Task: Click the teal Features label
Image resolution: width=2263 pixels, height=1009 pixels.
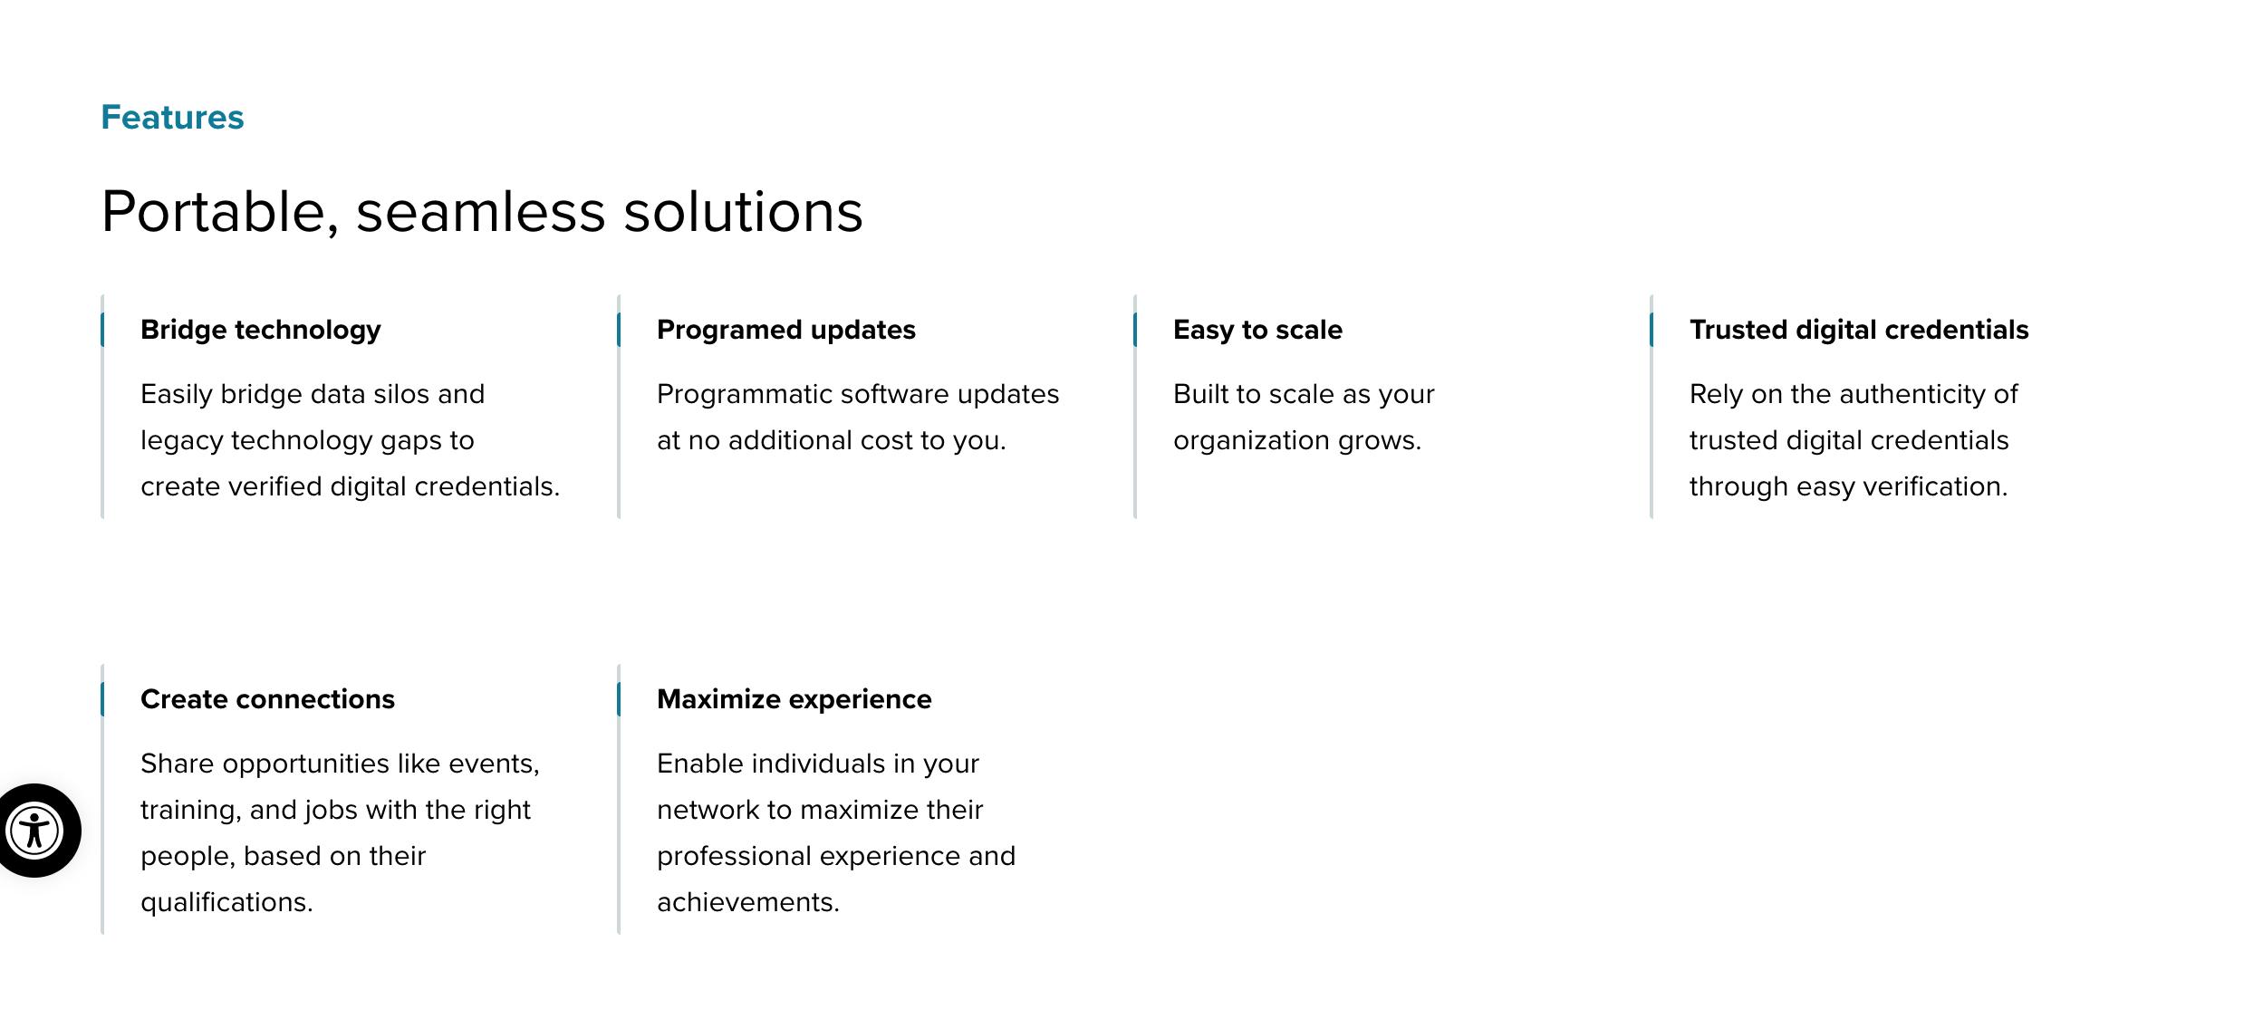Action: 172,118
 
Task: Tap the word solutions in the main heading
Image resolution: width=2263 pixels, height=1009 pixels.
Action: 744,212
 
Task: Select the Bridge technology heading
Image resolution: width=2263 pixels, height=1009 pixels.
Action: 261,330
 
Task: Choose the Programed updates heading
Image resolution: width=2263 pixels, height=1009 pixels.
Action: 786,330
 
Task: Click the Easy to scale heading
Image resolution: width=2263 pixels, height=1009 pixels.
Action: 1257,330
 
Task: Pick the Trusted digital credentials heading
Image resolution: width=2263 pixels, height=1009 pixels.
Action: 1859,330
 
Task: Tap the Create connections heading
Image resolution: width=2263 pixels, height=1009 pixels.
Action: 267,699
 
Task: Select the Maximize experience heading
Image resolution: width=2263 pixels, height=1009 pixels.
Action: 794,699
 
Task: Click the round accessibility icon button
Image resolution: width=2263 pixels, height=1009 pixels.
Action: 34,831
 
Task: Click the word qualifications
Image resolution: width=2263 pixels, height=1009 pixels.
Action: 226,902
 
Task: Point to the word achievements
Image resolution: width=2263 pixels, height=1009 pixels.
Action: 748,902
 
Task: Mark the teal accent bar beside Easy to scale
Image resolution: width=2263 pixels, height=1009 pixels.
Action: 1135,330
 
